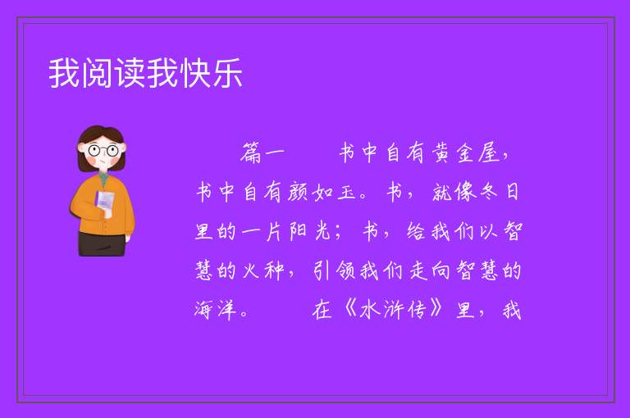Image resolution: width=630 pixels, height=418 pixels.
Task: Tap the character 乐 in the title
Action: pyautogui.click(x=227, y=73)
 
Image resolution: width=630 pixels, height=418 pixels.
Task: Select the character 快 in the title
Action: pyautogui.click(x=195, y=73)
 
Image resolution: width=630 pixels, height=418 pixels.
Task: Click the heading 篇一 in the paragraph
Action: pyautogui.click(x=262, y=153)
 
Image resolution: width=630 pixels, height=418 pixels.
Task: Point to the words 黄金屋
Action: pyautogui.click(x=466, y=153)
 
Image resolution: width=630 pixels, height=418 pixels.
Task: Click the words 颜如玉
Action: pyautogui.click(x=322, y=192)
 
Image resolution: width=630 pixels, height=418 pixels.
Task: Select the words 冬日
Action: pyautogui.click(x=500, y=192)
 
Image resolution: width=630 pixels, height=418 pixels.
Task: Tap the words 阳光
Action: pyautogui.click(x=310, y=231)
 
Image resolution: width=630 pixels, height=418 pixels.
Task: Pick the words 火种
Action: pyautogui.click(x=263, y=270)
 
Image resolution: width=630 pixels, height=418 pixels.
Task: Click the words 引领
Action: pyautogui.click(x=334, y=270)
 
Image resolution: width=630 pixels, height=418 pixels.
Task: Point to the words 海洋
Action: pyautogui.click(x=216, y=310)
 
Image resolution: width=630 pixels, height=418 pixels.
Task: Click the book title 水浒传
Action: pyautogui.click(x=392, y=310)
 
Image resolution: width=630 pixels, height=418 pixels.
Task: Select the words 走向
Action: pyautogui.click(x=430, y=270)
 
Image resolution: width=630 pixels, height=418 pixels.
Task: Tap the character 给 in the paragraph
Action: pyautogui.click(x=416, y=231)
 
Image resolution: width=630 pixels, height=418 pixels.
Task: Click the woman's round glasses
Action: pyautogui.click(x=103, y=151)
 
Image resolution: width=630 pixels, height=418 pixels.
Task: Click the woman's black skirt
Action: pyautogui.click(x=102, y=243)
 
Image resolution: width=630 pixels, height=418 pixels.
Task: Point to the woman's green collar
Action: pyautogui.click(x=103, y=178)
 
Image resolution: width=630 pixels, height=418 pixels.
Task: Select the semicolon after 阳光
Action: pyautogui.click(x=337, y=233)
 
